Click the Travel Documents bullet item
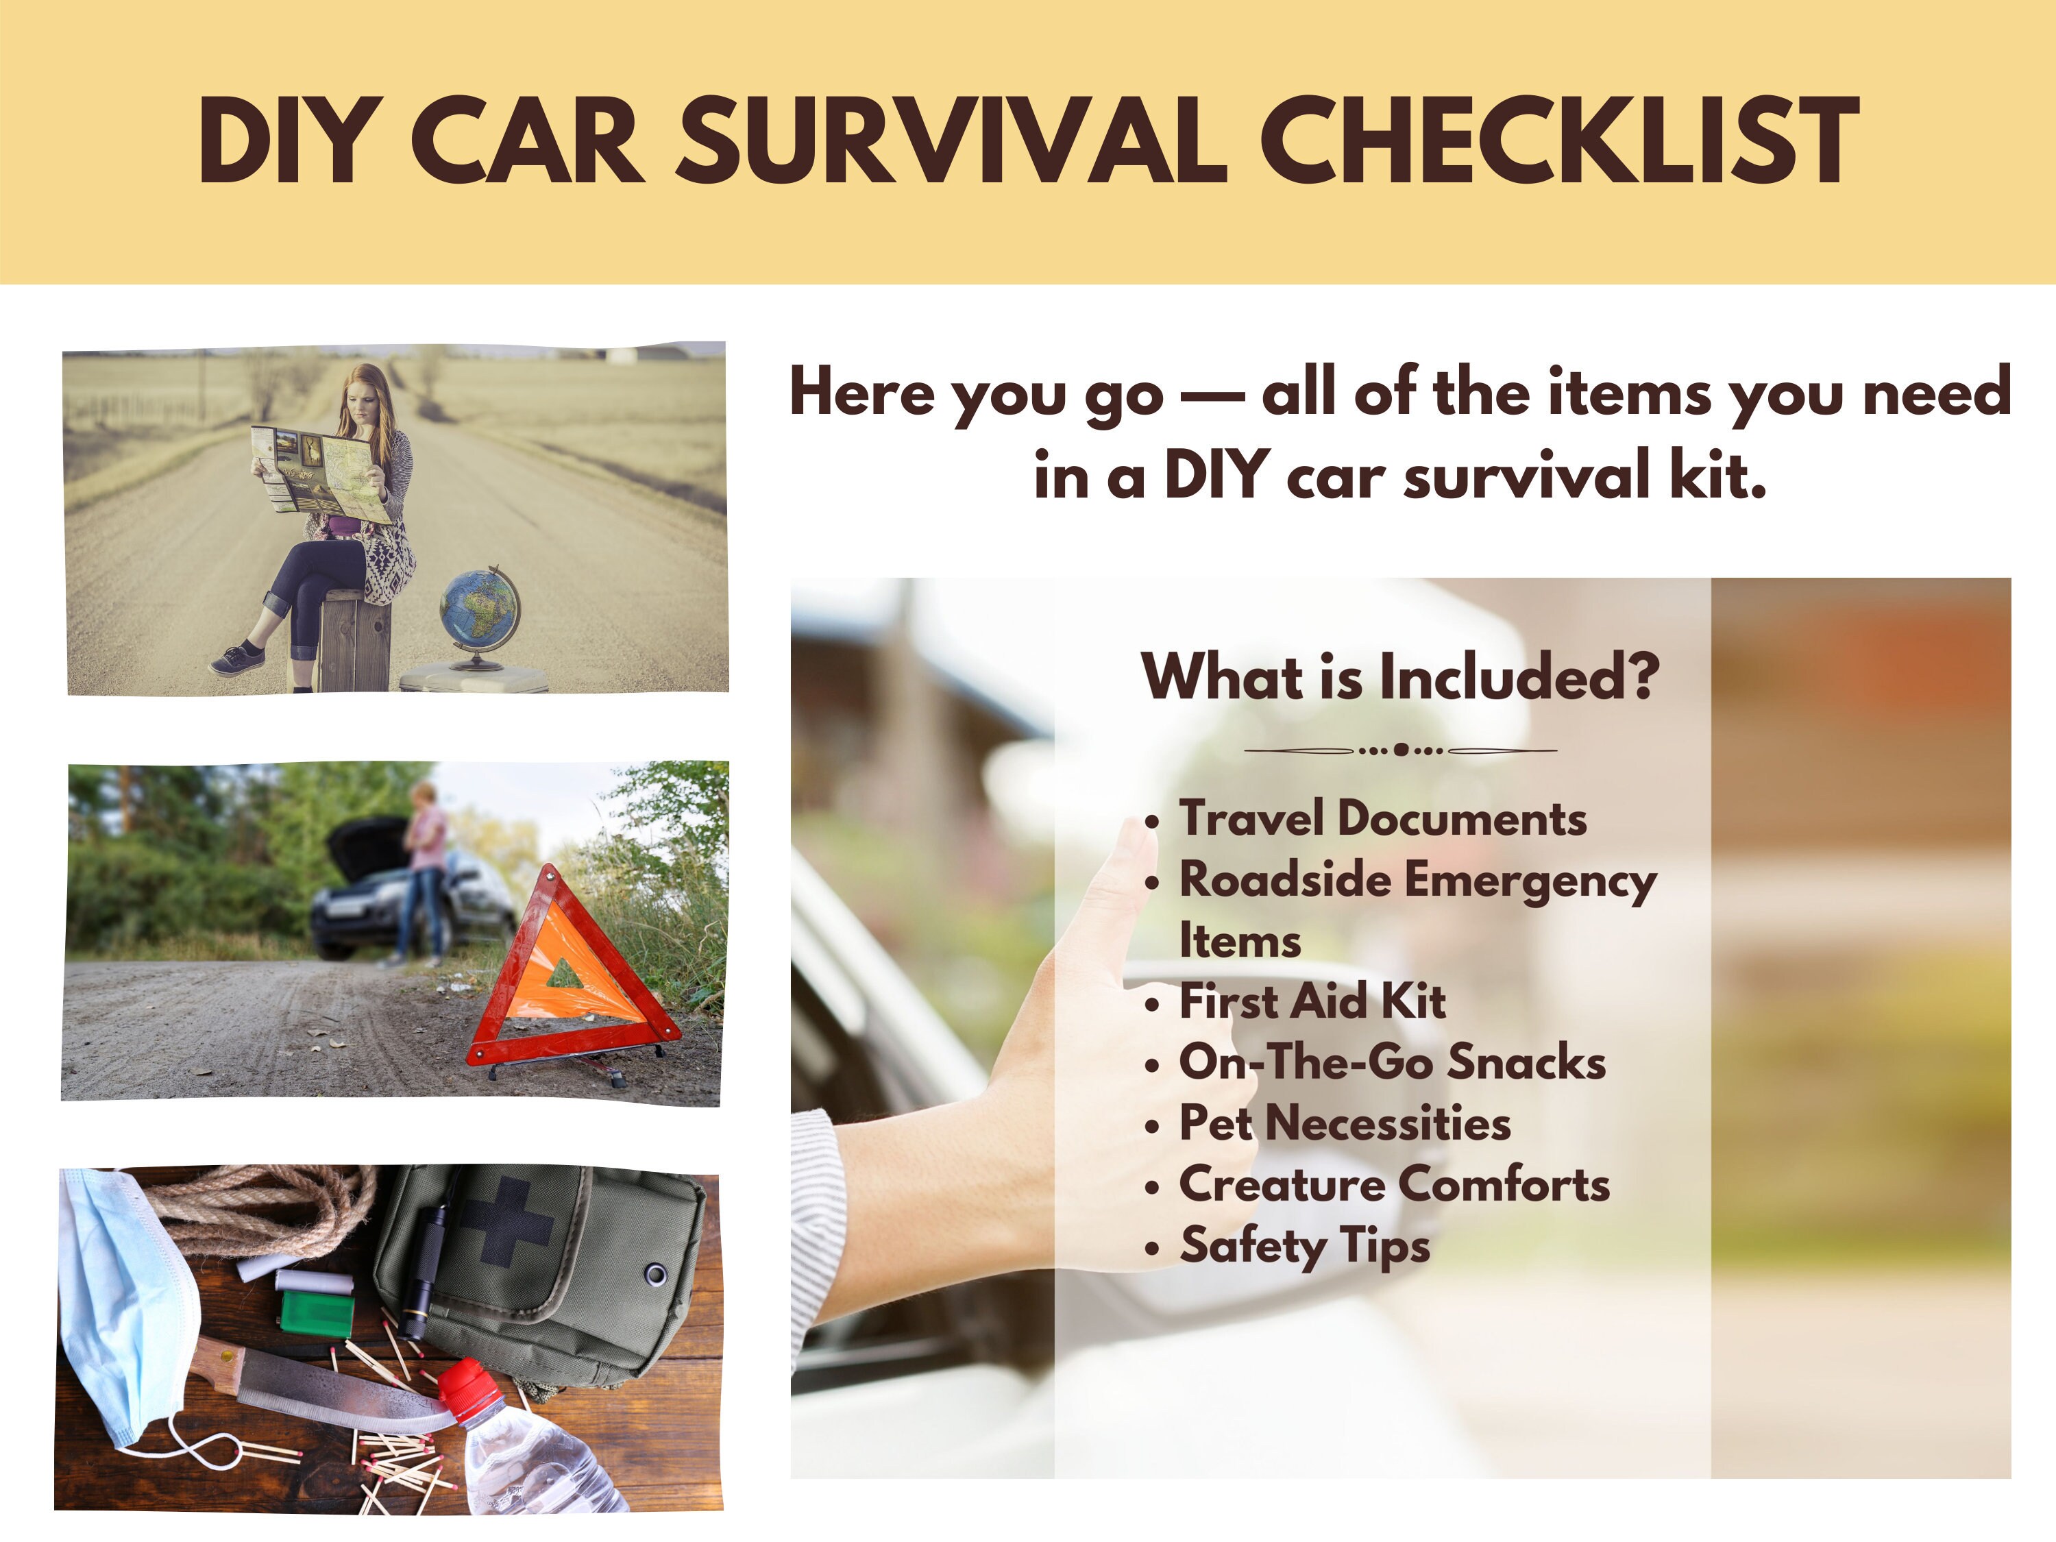[1382, 819]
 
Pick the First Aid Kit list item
[1312, 1002]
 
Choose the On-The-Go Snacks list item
[1393, 1062]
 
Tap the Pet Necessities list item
[1345, 1123]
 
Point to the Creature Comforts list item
[1394, 1184]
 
